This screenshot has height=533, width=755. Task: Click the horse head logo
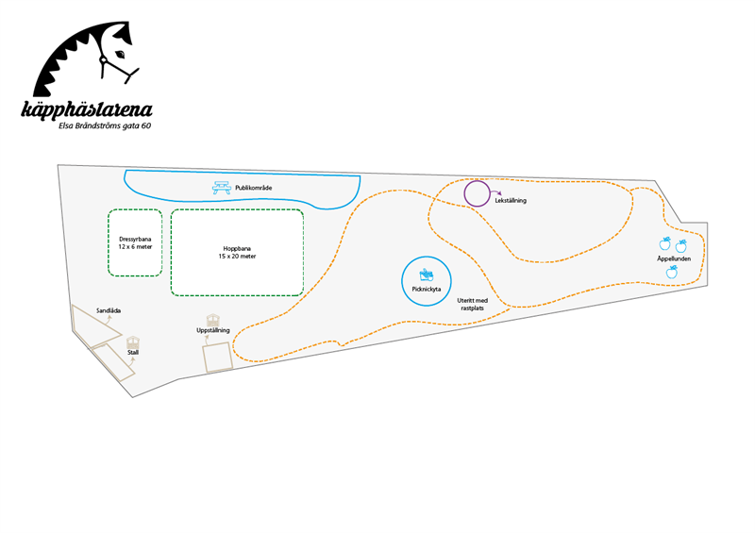(x=86, y=58)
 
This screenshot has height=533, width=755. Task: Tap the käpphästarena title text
(x=87, y=109)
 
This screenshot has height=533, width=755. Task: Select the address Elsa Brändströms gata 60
(x=105, y=126)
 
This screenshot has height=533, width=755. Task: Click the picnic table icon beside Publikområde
(x=222, y=188)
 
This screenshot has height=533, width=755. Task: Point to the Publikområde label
(x=253, y=188)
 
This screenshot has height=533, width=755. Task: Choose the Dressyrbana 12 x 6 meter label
(x=135, y=243)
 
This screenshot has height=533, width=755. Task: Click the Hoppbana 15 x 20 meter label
(x=237, y=253)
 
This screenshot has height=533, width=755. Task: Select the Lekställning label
(x=511, y=200)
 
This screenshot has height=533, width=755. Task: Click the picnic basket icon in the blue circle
(x=427, y=275)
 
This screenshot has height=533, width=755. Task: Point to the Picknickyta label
(x=427, y=290)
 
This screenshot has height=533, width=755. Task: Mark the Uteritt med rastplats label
(x=473, y=305)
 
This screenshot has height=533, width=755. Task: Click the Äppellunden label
(x=674, y=258)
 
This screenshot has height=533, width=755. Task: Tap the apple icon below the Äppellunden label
(x=672, y=272)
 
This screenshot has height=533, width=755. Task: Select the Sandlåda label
(x=109, y=311)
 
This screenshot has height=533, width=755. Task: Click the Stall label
(x=133, y=353)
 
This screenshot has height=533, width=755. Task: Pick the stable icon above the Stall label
(x=133, y=341)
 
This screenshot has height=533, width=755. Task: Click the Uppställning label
(x=213, y=330)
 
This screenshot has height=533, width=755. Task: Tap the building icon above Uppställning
(x=213, y=320)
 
